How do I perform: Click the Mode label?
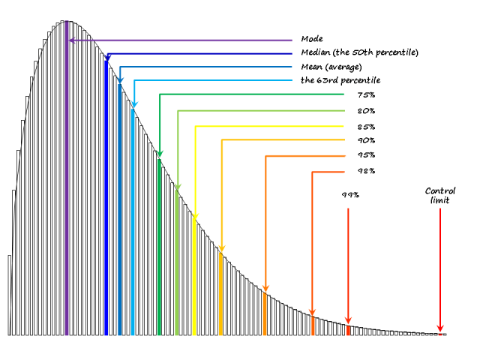(x=312, y=38)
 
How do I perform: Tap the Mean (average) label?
(x=331, y=67)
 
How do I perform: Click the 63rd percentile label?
(x=340, y=80)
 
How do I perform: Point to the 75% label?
(x=367, y=95)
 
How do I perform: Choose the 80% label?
(x=367, y=111)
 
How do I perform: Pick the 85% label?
(x=367, y=126)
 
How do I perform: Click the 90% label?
(x=367, y=140)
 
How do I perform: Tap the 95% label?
(x=367, y=155)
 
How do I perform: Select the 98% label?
(x=367, y=171)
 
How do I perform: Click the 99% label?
(x=350, y=195)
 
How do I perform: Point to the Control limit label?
(x=440, y=195)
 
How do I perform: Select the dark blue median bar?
(x=106, y=202)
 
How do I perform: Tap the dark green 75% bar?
(x=160, y=247)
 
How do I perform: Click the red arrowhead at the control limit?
(x=440, y=328)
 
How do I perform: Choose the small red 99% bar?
(x=348, y=330)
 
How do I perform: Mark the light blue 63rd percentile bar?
(x=133, y=221)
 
